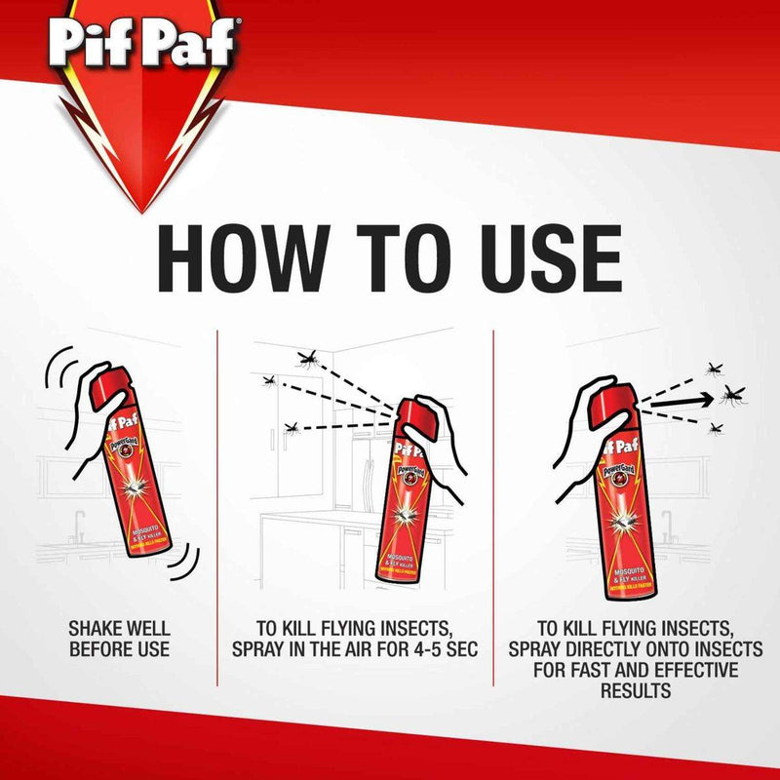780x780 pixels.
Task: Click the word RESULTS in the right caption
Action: (636, 692)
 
